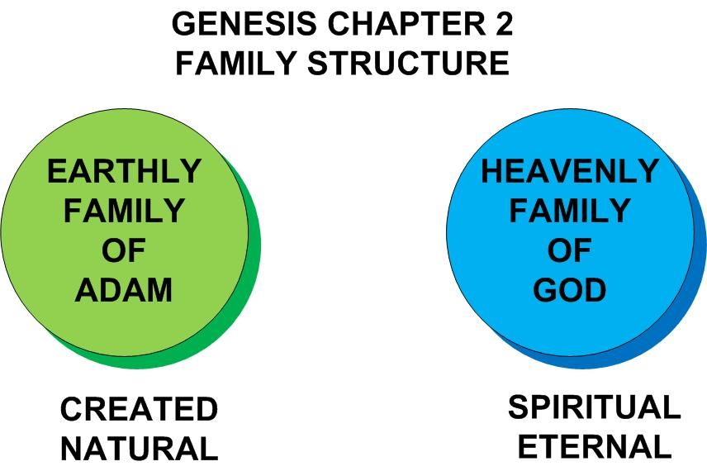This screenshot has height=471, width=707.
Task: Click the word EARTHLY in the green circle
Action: click(x=124, y=172)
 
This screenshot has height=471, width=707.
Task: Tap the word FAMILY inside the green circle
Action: click(x=124, y=212)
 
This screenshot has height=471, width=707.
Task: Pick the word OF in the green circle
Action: click(x=124, y=251)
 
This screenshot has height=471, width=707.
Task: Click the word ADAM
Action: click(x=124, y=290)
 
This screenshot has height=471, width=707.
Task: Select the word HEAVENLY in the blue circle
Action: click(x=570, y=172)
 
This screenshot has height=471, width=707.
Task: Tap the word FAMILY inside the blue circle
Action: click(x=570, y=212)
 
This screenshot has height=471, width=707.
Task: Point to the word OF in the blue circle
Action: click(x=570, y=251)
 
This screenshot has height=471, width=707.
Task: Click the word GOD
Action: click(x=570, y=290)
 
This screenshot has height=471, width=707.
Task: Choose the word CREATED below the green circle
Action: click(x=139, y=409)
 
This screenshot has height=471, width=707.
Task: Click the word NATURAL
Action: click(x=139, y=449)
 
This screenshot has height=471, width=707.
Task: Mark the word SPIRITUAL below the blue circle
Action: click(x=594, y=407)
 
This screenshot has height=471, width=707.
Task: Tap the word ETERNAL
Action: click(x=594, y=447)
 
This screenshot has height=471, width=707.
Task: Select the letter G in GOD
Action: click(x=545, y=290)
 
